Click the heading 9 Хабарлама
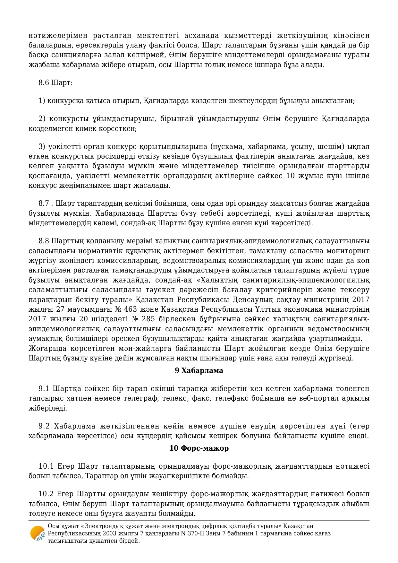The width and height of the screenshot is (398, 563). (x=199, y=370)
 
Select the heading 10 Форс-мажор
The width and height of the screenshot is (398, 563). (x=199, y=448)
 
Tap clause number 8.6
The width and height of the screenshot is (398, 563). (x=44, y=82)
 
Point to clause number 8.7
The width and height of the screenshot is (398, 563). (x=44, y=204)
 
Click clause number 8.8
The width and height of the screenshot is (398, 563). (x=44, y=241)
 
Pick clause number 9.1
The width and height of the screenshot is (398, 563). (x=44, y=389)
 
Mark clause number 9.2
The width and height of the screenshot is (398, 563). (x=44, y=426)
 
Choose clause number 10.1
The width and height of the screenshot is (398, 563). (x=45, y=466)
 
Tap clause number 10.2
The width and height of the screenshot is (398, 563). (x=45, y=494)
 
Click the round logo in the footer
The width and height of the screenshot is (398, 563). (x=38, y=533)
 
